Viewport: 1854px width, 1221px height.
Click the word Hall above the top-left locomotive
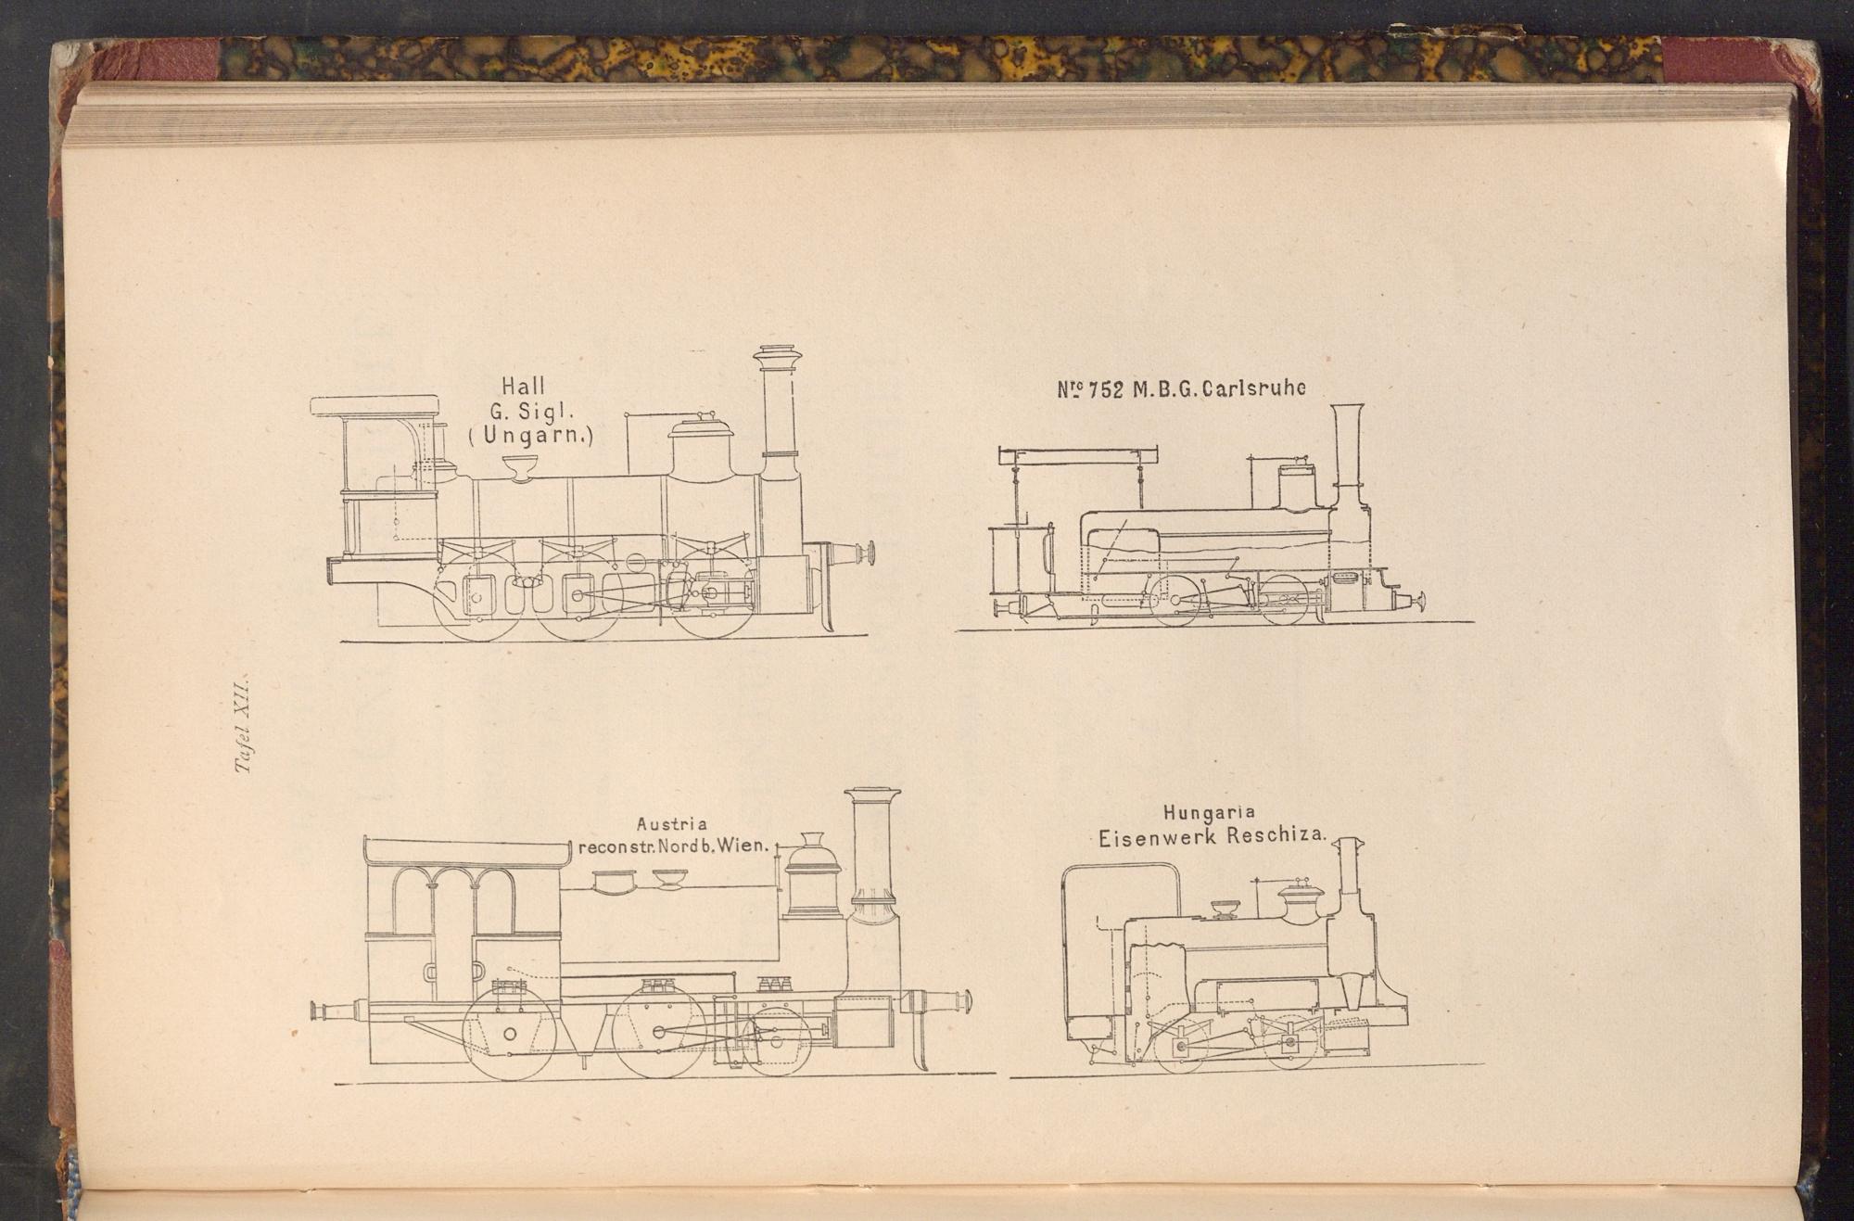523,386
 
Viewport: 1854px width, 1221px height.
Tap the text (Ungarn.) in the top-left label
530,435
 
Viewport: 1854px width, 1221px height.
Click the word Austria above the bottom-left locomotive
671,824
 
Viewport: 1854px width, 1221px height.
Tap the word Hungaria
1210,813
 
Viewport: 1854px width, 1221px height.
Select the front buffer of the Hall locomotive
851,553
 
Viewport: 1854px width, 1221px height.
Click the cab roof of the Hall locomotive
375,406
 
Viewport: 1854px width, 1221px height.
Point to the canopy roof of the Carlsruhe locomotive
1079,455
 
